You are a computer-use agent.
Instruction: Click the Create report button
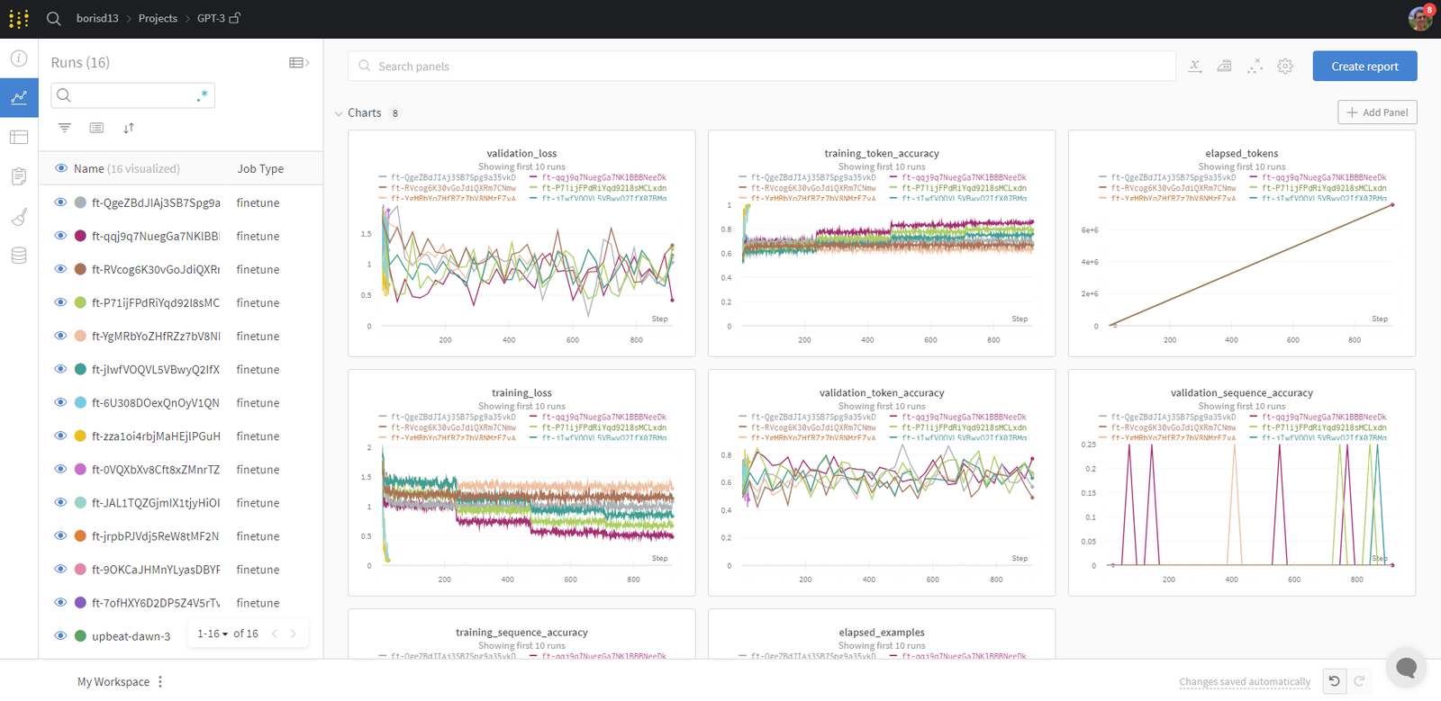point(1364,66)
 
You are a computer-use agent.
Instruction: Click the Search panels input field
point(761,66)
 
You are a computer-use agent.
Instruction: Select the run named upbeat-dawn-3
point(131,636)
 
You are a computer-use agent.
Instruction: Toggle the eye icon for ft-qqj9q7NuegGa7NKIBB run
point(60,236)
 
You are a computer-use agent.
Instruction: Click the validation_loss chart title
point(521,153)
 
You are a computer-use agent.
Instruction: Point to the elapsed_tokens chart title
point(1241,153)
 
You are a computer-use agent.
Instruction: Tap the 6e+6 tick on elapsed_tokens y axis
point(1089,230)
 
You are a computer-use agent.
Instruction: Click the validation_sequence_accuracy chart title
point(1241,392)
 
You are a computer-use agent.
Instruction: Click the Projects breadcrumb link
point(158,18)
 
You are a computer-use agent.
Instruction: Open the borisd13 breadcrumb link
point(97,18)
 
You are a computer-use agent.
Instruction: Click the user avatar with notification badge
point(1420,17)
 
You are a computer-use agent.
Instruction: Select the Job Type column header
point(260,168)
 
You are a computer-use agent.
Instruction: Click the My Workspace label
point(113,681)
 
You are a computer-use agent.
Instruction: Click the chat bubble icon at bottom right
point(1406,668)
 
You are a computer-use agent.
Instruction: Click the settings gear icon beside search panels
point(1285,66)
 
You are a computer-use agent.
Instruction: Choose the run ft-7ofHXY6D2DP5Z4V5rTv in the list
point(155,603)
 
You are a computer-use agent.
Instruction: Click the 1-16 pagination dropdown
point(213,634)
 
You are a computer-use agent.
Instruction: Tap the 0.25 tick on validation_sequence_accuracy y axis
point(1088,445)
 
